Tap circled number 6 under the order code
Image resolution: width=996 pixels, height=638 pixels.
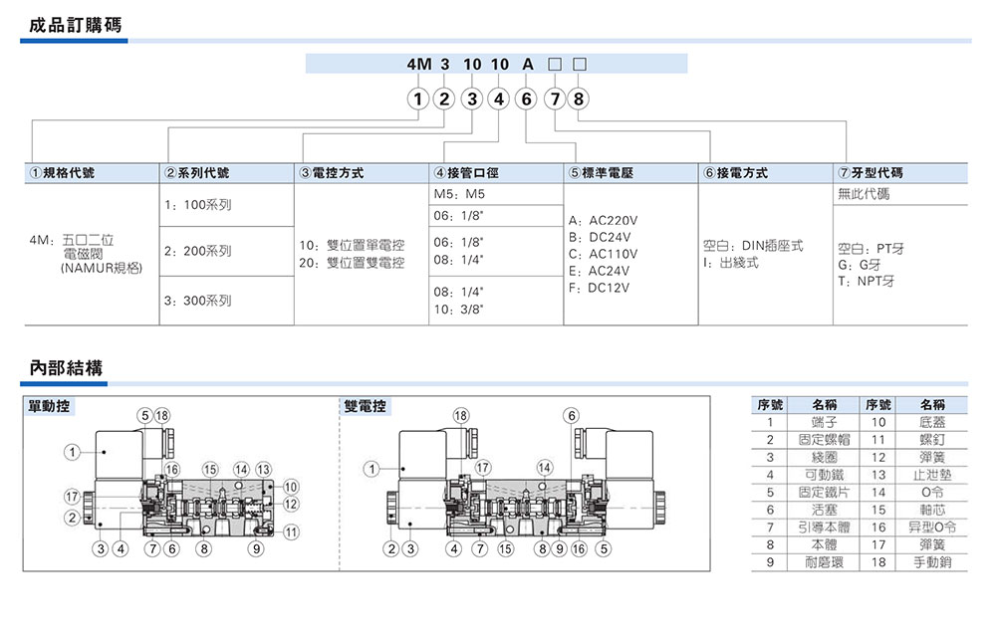pyautogui.click(x=527, y=100)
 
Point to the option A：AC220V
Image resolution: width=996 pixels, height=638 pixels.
pyautogui.click(x=604, y=220)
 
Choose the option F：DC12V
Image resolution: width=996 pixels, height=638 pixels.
pyautogui.click(x=599, y=288)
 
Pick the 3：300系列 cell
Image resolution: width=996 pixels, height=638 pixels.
pyautogui.click(x=196, y=300)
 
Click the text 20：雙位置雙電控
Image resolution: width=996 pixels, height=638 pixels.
pyautogui.click(x=352, y=263)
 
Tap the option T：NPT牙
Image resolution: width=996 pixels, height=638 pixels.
pyautogui.click(x=867, y=281)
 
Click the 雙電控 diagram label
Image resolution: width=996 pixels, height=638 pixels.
pyautogui.click(x=366, y=407)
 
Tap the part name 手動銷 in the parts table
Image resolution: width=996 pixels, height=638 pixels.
pyautogui.click(x=932, y=561)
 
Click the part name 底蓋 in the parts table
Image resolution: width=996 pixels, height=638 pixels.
pyautogui.click(x=932, y=422)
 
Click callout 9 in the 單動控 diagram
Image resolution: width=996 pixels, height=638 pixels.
pyautogui.click(x=256, y=548)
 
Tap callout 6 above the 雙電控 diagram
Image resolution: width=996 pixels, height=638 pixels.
pyautogui.click(x=572, y=415)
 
